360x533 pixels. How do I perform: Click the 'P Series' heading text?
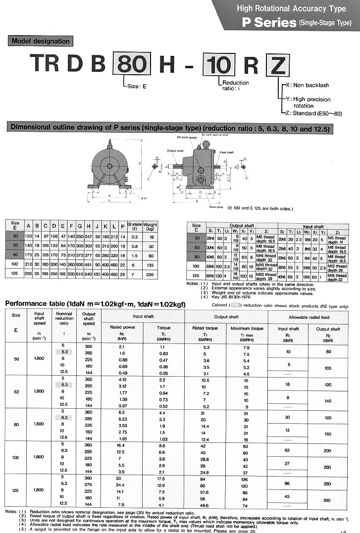point(268,22)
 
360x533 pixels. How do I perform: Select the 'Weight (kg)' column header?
point(151,227)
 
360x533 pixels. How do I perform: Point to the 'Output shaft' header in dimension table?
point(243,225)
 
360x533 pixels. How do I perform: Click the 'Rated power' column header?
point(122,328)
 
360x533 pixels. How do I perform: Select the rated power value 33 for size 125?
point(119,477)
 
